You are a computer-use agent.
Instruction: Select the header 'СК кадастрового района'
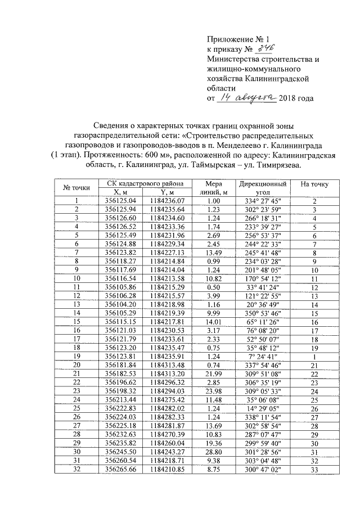(143, 184)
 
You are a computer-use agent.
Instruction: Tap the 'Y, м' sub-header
(167, 192)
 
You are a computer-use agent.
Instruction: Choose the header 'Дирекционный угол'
(264, 188)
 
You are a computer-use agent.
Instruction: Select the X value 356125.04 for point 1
(118, 201)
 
